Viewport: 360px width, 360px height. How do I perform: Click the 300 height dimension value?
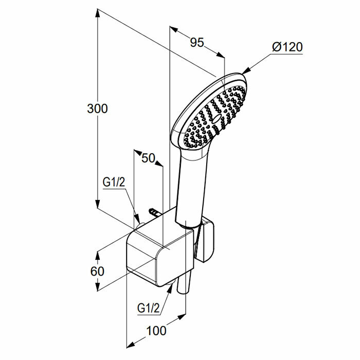97,109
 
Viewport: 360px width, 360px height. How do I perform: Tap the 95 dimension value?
197,43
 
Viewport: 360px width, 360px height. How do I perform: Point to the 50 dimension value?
149,158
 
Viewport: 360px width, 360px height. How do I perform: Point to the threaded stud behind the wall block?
153,212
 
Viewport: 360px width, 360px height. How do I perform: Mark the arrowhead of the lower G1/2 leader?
170,287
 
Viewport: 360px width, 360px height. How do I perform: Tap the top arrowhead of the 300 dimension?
97,12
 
